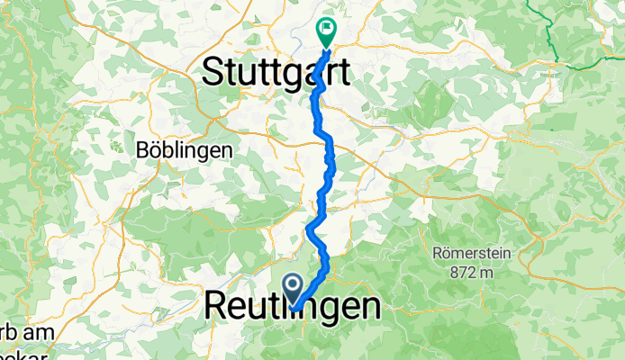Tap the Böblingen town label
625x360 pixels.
click(x=185, y=149)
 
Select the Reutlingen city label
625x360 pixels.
click(x=293, y=306)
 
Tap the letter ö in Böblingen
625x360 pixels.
click(x=156, y=149)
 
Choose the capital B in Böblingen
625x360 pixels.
click(x=143, y=149)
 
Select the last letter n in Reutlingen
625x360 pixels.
click(x=367, y=306)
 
